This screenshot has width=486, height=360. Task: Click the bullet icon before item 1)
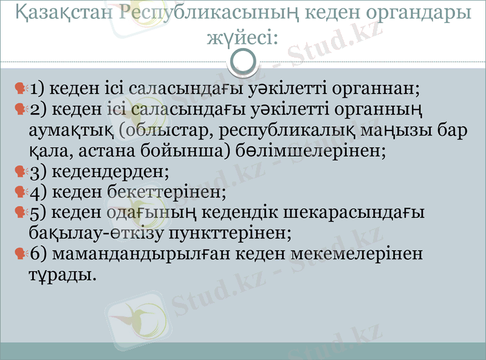[22, 89]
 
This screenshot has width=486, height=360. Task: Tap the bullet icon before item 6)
[22, 254]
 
